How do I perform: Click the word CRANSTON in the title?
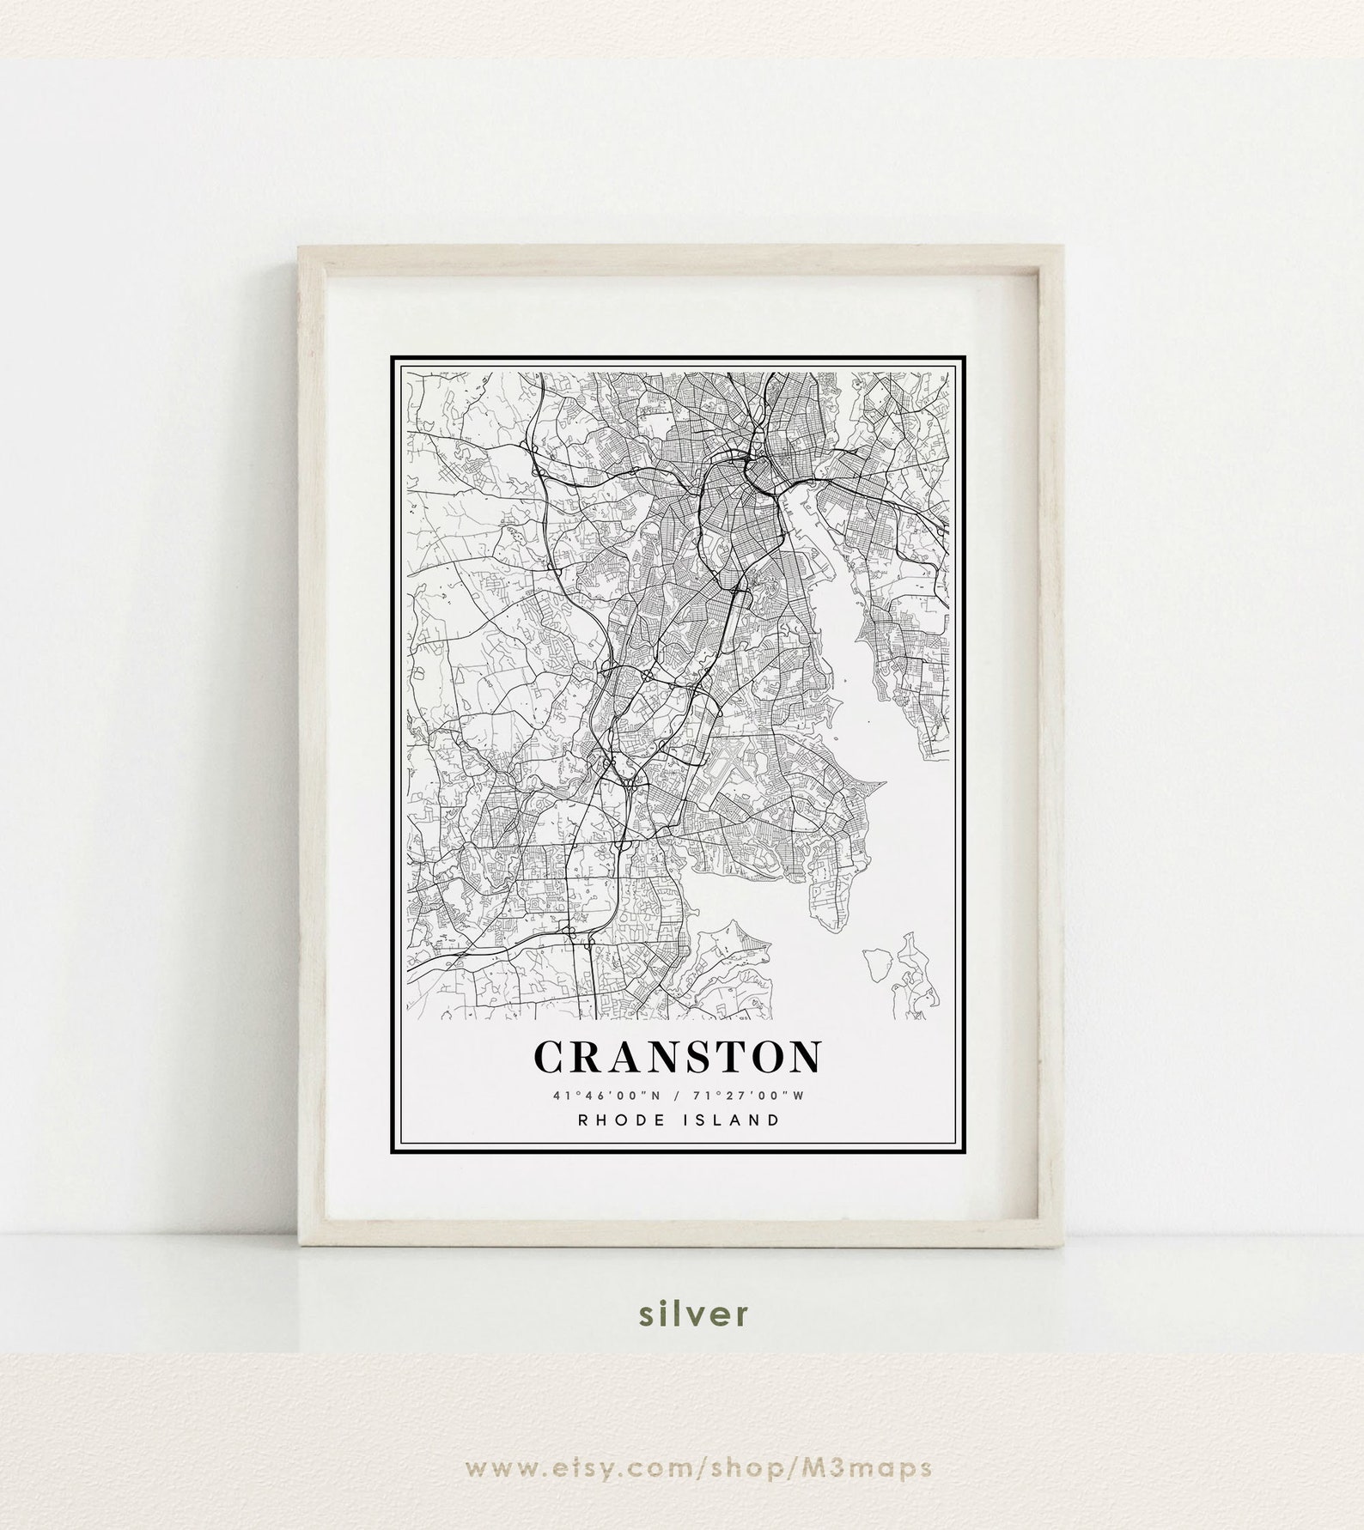677,1057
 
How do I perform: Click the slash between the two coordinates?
679,1096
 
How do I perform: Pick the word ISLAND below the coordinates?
737,1120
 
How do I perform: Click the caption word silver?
682,1338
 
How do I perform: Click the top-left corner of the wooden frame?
301,247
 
